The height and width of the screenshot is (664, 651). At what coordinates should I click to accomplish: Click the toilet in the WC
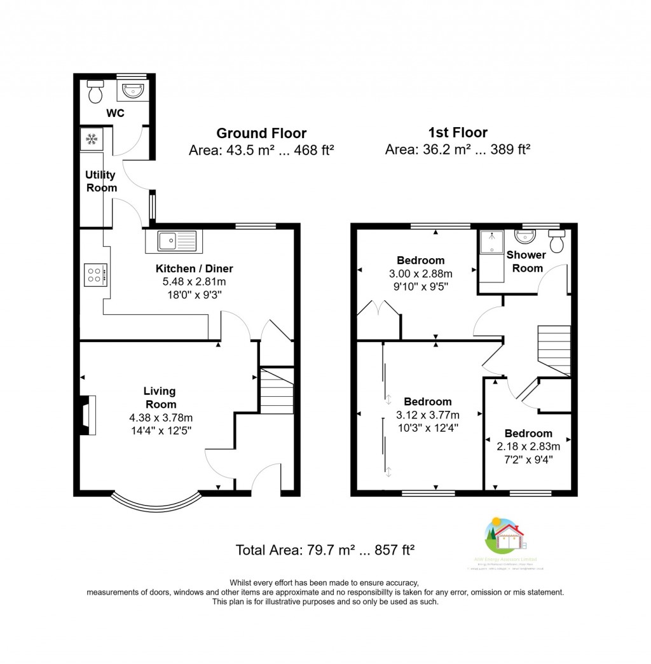point(95,92)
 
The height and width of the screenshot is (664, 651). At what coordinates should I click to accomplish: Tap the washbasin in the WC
point(133,91)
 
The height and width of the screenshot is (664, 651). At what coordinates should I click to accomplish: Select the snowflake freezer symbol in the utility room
point(91,139)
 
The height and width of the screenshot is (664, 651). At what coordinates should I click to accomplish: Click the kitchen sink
point(174,240)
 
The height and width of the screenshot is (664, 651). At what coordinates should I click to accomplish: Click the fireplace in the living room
point(87,416)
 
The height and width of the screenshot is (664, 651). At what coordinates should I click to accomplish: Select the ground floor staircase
point(277,392)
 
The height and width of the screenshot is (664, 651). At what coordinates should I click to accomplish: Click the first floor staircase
point(554,350)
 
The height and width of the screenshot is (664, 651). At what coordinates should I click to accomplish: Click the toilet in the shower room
point(558,242)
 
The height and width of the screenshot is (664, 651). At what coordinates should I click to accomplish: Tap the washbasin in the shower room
point(526,237)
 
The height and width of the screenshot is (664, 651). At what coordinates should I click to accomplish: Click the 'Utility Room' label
point(101,181)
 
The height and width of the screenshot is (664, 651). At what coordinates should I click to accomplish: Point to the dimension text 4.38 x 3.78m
point(160,418)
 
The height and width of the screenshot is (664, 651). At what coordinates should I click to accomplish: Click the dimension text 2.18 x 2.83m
point(528,446)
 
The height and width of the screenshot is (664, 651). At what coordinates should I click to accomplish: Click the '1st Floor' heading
point(457,132)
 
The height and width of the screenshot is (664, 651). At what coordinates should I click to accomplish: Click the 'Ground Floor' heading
point(261,133)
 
